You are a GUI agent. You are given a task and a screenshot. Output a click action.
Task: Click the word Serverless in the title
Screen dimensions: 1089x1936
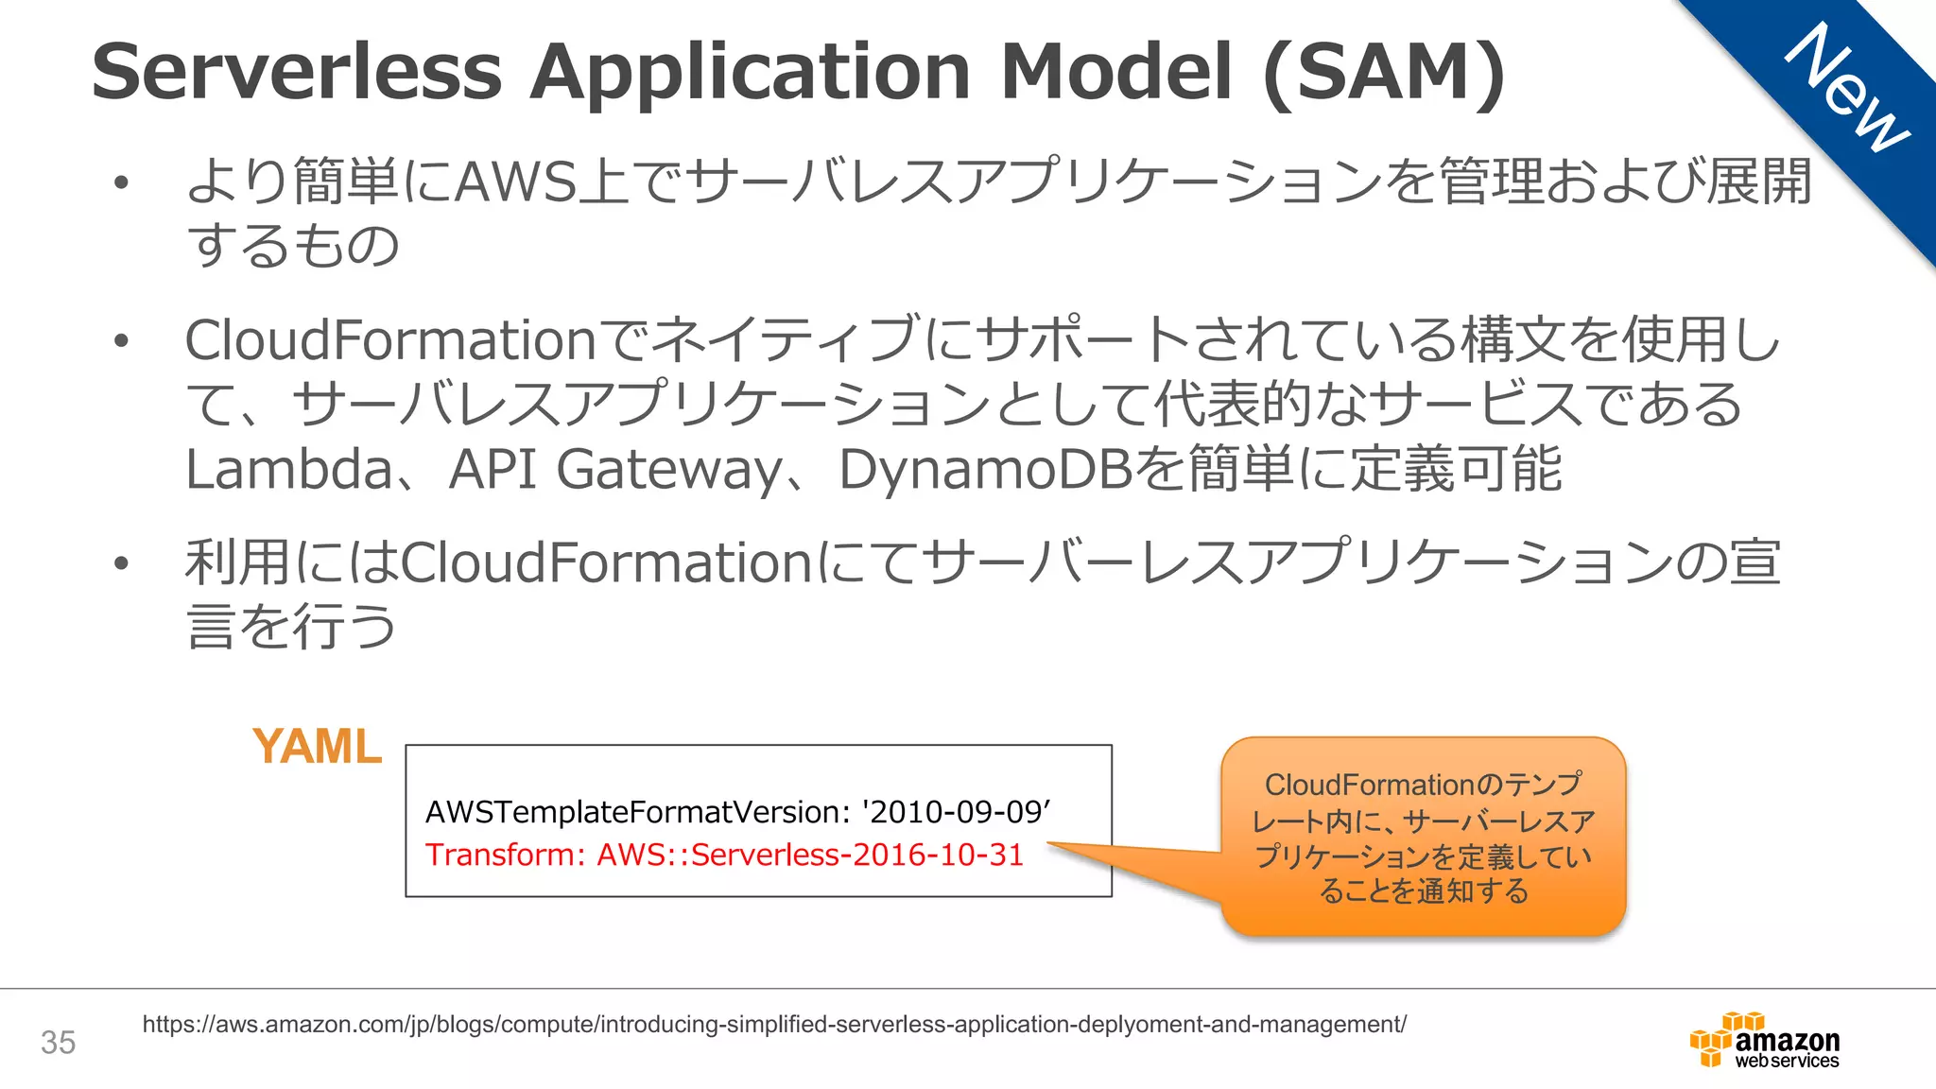(296, 72)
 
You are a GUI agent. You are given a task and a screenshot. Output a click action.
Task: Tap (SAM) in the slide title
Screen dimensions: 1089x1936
(1384, 74)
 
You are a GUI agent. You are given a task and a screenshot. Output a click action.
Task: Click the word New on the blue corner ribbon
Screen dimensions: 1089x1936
(1845, 87)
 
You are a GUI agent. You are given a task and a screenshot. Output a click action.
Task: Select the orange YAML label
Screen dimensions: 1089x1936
(317, 747)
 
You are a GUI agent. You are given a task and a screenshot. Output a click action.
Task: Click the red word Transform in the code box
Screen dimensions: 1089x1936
(505, 855)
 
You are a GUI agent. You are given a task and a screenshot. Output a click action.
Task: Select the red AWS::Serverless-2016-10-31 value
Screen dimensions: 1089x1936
(810, 855)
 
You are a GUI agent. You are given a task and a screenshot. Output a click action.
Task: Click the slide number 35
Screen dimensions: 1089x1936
(58, 1043)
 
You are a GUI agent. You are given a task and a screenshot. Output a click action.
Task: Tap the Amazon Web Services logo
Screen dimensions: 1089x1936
(1764, 1041)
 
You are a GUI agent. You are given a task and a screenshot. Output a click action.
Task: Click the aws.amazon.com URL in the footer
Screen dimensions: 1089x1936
(774, 1024)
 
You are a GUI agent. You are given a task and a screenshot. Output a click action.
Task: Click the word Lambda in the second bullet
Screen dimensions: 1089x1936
(288, 470)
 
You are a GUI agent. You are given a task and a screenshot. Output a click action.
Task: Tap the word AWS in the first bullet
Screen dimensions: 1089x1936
(516, 181)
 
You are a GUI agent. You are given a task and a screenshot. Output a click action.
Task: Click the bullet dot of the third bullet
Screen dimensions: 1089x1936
(120, 564)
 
